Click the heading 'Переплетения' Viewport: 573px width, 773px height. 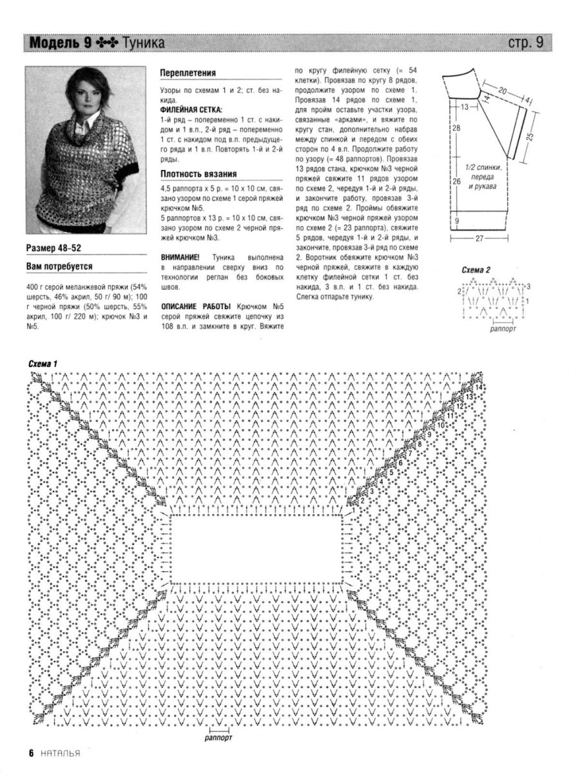[x=188, y=73]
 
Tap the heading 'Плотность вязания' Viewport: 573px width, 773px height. [x=198, y=173]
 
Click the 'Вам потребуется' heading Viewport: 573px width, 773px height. [x=59, y=265]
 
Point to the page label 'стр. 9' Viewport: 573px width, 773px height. [x=526, y=43]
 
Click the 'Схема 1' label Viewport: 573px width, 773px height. [x=43, y=364]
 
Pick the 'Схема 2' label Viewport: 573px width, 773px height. [x=476, y=269]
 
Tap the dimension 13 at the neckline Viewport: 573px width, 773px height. [x=464, y=105]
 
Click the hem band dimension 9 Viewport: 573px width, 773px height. [x=456, y=221]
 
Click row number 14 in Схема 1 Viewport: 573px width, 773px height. [x=478, y=387]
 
